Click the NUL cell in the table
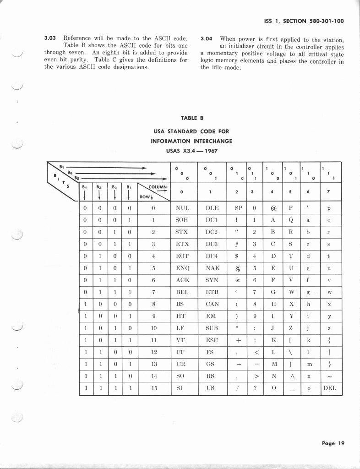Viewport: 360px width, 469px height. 182,208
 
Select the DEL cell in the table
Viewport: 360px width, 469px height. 329,388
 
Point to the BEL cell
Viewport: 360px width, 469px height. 182,292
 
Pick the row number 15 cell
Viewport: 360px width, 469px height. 153,388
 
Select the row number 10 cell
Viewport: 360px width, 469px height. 153,328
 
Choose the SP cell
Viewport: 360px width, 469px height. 238,208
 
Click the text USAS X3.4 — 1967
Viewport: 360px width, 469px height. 191,150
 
